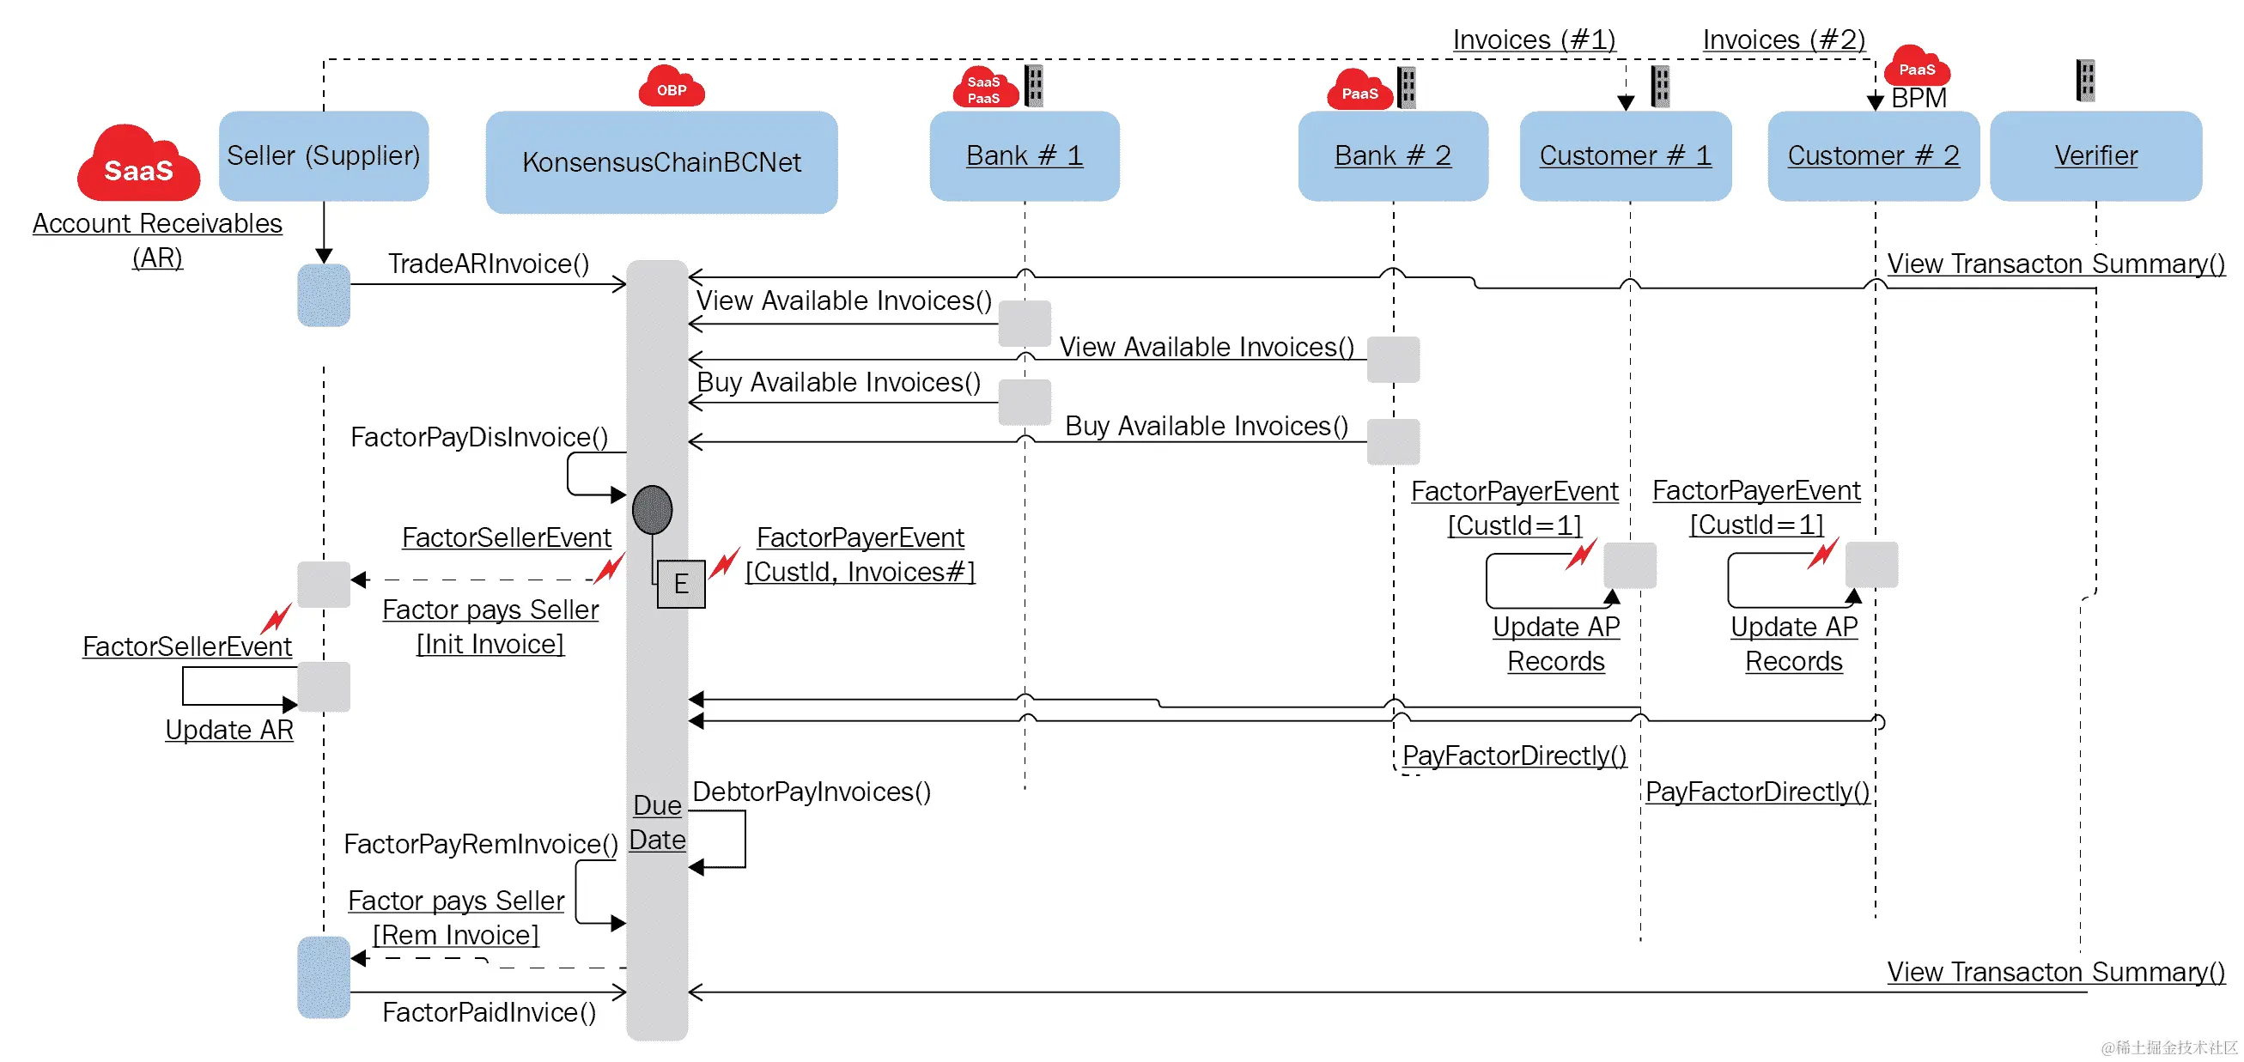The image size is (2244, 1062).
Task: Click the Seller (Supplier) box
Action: tap(323, 156)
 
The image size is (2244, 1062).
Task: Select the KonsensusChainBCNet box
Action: tap(661, 162)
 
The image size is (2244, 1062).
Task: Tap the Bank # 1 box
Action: tap(1025, 156)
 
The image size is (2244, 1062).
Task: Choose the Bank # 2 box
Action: tap(1392, 156)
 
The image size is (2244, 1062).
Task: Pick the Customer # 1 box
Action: tap(1625, 156)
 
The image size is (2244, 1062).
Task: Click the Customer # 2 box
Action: tap(1873, 156)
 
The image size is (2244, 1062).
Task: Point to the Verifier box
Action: tap(2095, 156)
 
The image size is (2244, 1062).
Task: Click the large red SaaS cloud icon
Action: tap(138, 164)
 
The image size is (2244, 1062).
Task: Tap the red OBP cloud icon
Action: tap(671, 87)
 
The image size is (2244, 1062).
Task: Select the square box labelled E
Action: tap(680, 584)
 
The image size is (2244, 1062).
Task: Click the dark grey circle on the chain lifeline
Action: tap(653, 510)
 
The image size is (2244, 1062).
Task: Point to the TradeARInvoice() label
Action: tap(489, 263)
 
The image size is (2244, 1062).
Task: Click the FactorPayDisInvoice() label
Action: tap(479, 436)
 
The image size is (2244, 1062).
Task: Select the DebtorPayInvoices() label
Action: tap(811, 791)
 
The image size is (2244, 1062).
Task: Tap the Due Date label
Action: tap(657, 822)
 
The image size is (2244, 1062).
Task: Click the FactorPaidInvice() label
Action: tap(489, 1011)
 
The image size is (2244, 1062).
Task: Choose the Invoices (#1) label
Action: tap(1533, 39)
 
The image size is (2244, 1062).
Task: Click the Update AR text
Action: tap(229, 729)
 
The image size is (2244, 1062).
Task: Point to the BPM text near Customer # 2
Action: tap(1919, 98)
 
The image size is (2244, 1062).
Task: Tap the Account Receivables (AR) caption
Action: tap(158, 240)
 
